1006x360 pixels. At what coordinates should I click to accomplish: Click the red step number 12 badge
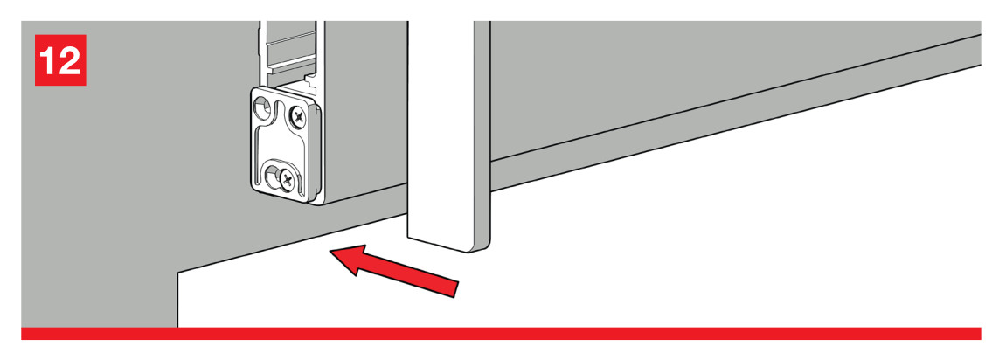pos(60,59)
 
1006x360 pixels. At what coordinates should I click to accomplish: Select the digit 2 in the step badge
pos(69,60)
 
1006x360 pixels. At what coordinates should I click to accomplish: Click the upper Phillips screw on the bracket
pos(298,116)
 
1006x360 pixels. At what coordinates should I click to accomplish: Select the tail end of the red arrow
pos(457,288)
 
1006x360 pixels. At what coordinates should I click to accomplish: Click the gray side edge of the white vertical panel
pos(482,134)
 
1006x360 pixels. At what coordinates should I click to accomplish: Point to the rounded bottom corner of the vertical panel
pos(482,247)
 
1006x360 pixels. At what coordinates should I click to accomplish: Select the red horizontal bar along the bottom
pos(501,333)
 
